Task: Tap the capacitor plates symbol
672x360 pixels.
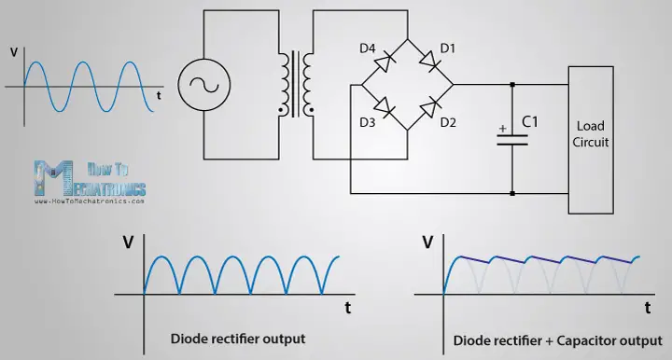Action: (x=512, y=140)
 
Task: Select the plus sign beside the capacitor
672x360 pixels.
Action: (x=503, y=129)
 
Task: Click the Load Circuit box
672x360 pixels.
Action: (x=591, y=133)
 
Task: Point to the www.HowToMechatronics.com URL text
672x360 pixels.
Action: (x=90, y=200)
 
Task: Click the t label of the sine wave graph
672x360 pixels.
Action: (x=159, y=94)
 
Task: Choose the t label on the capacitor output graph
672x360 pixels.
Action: (x=647, y=305)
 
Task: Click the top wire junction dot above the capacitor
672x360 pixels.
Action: (x=512, y=85)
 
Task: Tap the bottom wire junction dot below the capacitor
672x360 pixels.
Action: (x=512, y=194)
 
